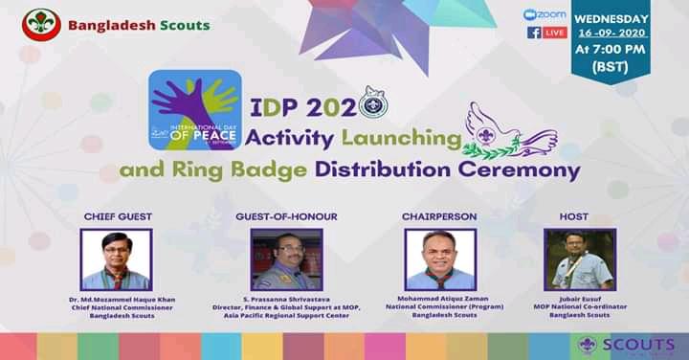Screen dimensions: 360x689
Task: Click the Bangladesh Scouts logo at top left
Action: (x=41, y=25)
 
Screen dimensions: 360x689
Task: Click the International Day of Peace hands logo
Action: (x=194, y=108)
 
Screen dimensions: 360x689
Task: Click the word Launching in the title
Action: (x=401, y=138)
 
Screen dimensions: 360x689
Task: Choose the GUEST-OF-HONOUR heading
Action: (x=286, y=216)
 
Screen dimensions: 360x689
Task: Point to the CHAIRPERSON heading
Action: (x=439, y=216)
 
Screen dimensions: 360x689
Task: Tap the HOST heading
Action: (x=573, y=216)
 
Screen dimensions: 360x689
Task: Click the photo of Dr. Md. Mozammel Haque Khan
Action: (x=117, y=259)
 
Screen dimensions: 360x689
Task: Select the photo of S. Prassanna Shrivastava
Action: (x=286, y=259)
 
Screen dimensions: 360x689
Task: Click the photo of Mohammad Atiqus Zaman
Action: (x=440, y=259)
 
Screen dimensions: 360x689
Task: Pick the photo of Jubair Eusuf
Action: (x=580, y=259)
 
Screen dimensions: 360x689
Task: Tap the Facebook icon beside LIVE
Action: (x=534, y=32)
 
